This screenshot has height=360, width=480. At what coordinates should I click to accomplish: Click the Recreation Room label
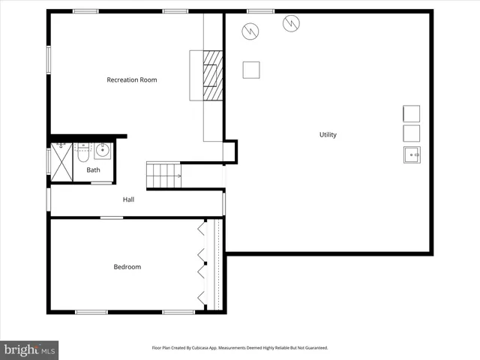[132, 79]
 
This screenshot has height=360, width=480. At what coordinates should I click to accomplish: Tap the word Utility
[328, 135]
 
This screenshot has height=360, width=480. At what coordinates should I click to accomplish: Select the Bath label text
[93, 169]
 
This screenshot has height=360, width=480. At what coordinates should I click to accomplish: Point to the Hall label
[129, 199]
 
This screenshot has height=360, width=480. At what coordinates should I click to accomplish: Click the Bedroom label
[127, 266]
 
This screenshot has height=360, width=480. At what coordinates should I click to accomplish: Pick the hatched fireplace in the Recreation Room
[214, 75]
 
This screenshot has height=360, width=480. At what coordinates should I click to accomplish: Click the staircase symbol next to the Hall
[163, 175]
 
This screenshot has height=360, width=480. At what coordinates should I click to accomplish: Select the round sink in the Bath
[103, 151]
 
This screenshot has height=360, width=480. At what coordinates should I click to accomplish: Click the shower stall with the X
[61, 163]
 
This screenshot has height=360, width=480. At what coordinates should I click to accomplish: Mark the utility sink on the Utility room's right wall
[411, 154]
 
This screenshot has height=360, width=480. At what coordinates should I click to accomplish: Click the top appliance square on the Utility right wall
[411, 114]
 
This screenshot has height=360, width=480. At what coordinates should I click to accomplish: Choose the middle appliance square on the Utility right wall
[411, 133]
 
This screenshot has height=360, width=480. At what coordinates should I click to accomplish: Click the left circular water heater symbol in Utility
[250, 31]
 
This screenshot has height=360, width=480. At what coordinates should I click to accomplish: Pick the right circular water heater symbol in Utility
[290, 24]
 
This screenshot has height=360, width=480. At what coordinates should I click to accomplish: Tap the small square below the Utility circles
[251, 69]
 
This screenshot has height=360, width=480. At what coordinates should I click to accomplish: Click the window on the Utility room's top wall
[260, 11]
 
